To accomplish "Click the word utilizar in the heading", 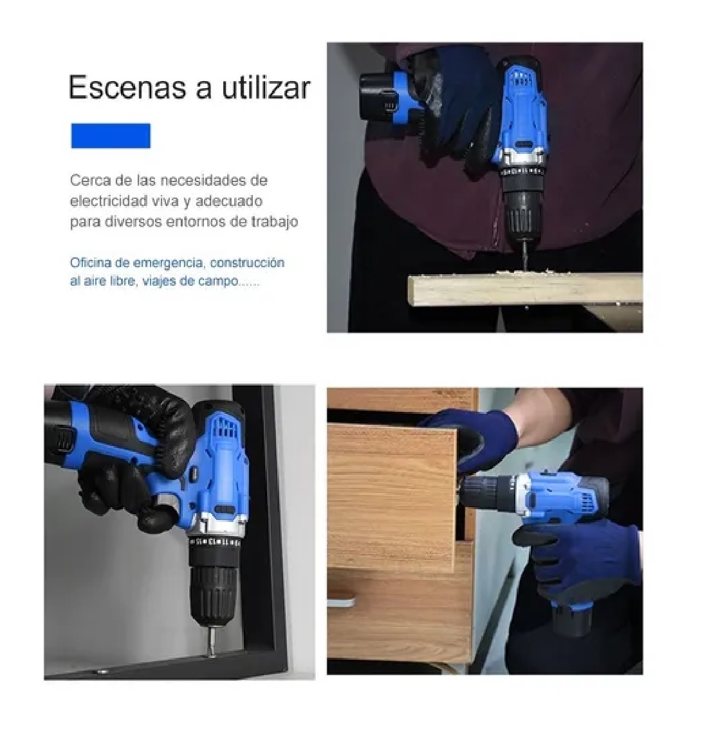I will [266, 88].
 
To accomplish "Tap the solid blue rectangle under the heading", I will [111, 136].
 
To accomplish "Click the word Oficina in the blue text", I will [89, 263].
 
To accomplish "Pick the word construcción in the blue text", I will [247, 263].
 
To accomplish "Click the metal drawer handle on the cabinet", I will [340, 603].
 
